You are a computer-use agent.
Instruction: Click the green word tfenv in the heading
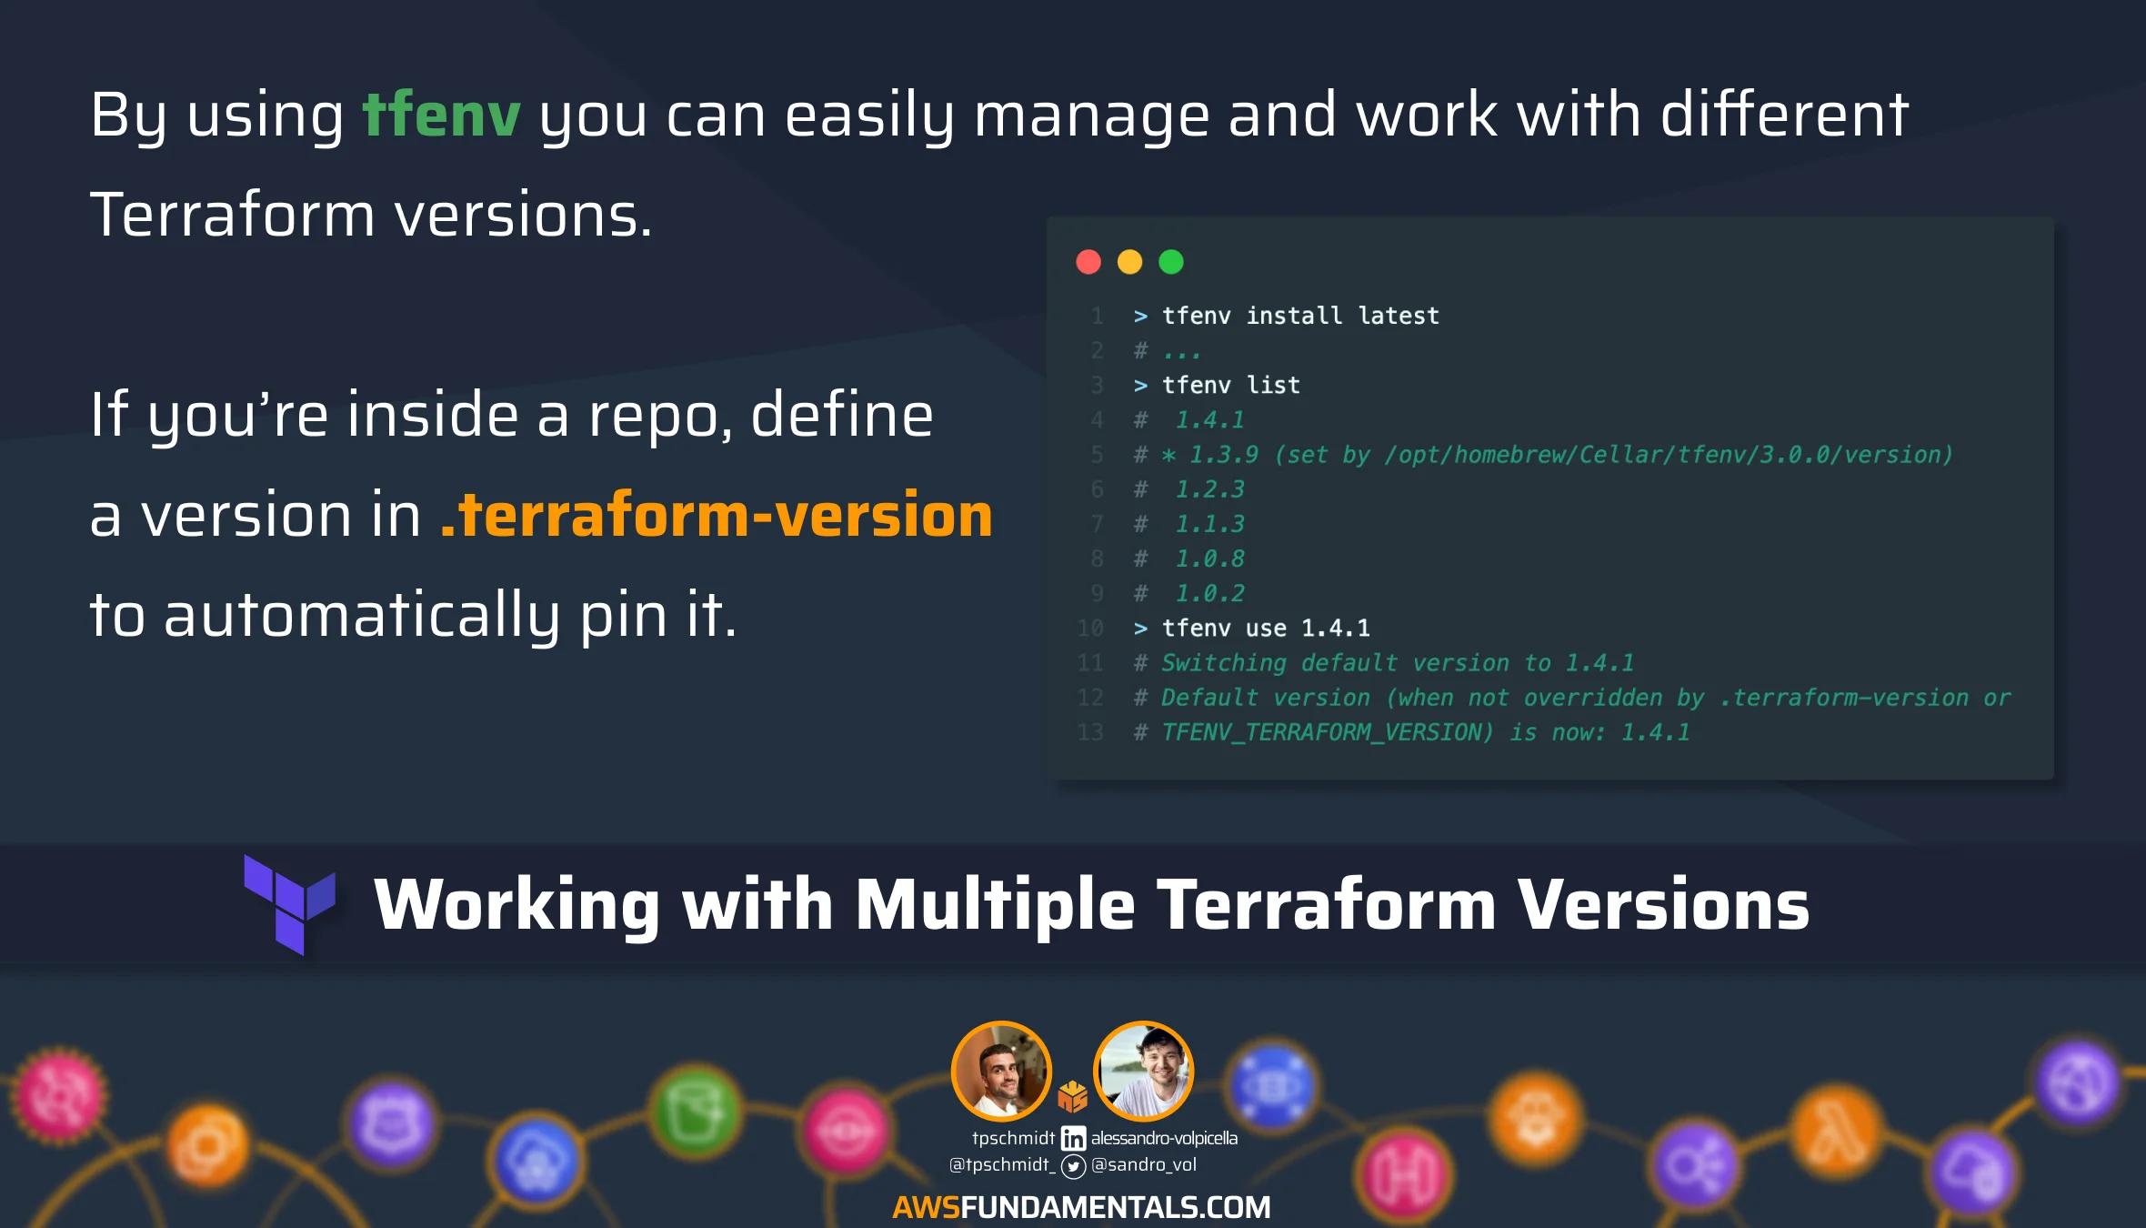pyautogui.click(x=442, y=116)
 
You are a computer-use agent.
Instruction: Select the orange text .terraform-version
pyautogui.click(x=717, y=515)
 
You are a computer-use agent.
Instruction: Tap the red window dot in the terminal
pyautogui.click(x=1088, y=262)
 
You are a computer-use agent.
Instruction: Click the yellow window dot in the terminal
pyautogui.click(x=1129, y=262)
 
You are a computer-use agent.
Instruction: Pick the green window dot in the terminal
pyautogui.click(x=1171, y=262)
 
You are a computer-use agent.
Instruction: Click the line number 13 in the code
pyautogui.click(x=1089, y=732)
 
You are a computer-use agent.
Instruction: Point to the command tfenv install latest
pyautogui.click(x=1300, y=316)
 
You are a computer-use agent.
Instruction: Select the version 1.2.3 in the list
pyautogui.click(x=1209, y=489)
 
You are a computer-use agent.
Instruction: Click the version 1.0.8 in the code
pyautogui.click(x=1209, y=559)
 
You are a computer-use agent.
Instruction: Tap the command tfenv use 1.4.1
pyautogui.click(x=1266, y=628)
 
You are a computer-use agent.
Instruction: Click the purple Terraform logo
pyautogui.click(x=290, y=904)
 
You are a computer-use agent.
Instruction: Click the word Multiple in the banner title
pyautogui.click(x=995, y=906)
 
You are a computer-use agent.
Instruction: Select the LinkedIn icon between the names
pyautogui.click(x=1073, y=1138)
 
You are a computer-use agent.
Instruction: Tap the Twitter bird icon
pyautogui.click(x=1073, y=1166)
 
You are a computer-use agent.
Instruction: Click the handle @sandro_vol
pyautogui.click(x=1144, y=1164)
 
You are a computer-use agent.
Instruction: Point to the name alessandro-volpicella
pyautogui.click(x=1164, y=1138)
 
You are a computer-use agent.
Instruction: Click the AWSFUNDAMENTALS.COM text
pyautogui.click(x=1081, y=1207)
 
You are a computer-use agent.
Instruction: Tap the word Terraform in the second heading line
pyautogui.click(x=233, y=216)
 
